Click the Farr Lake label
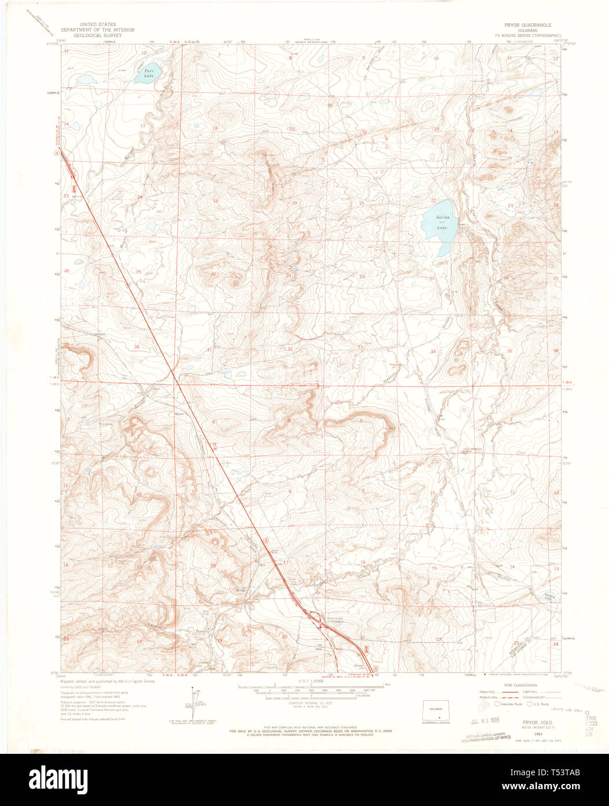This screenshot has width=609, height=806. pos(149,73)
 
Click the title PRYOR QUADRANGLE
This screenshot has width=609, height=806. pos(528,26)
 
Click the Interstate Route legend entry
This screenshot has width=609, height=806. pos(510,704)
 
